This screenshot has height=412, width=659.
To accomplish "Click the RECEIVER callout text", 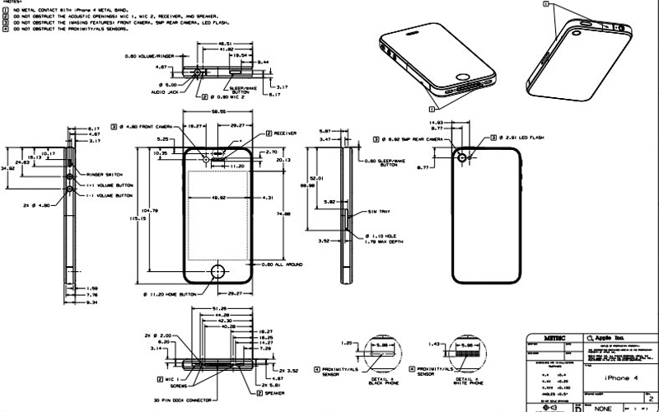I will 287,133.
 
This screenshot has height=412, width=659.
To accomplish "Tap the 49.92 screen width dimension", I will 219,198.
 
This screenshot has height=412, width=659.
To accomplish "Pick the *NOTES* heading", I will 15,3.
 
